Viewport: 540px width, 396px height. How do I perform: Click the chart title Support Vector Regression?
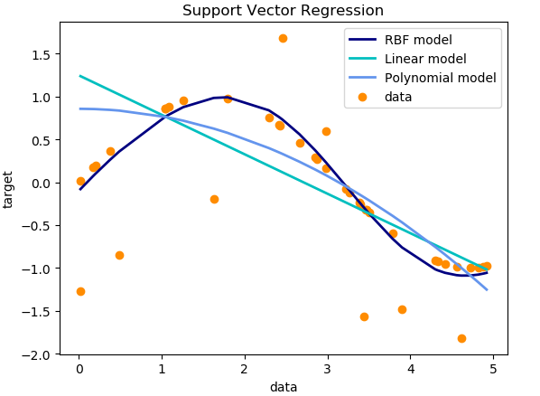point(283,11)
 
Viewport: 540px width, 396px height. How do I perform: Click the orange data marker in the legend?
point(363,97)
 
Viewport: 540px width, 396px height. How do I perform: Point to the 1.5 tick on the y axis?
point(40,54)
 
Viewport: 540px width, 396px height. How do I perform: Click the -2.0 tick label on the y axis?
point(37,354)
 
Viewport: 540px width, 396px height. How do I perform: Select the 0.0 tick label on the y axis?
point(40,183)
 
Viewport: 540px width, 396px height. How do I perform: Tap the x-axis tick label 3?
point(327,369)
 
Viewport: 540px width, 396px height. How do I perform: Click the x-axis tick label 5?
point(492,369)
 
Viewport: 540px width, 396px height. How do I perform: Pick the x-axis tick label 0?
point(79,369)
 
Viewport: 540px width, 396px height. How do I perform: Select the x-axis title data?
point(283,387)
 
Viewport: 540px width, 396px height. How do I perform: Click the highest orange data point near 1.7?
point(283,38)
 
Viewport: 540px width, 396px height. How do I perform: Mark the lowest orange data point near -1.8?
point(461,338)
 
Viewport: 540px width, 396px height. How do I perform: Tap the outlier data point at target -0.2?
point(214,199)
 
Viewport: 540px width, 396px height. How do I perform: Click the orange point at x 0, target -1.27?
point(80,291)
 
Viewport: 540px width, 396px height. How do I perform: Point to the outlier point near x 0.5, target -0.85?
point(119,255)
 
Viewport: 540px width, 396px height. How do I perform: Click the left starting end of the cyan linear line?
point(80,76)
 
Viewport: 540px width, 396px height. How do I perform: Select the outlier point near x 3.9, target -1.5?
point(402,309)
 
